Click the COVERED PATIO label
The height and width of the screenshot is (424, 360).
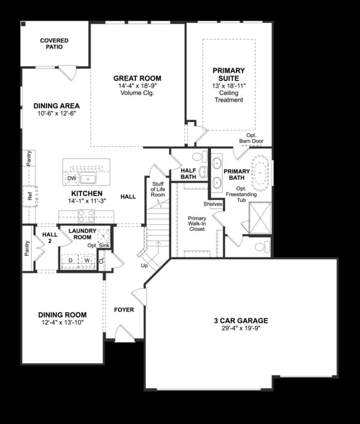pos(54,44)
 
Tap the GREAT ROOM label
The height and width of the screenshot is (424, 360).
pos(137,78)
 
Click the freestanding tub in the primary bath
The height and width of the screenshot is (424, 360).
pos(259,173)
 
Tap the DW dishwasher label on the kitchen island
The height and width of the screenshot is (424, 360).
pos(71,178)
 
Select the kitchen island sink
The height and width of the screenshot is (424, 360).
pos(88,178)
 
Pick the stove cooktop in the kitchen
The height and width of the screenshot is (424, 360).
pos(86,216)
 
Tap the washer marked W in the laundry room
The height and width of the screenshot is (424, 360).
pos(87,260)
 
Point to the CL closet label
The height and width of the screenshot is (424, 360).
pos(101,260)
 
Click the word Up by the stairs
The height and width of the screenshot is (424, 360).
pos(144,266)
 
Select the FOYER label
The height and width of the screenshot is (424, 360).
pos(124,309)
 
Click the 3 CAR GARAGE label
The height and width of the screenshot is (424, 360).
pos(241,321)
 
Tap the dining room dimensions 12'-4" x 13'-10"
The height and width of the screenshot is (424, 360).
pos(62,322)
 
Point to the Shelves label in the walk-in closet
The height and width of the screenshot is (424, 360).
pos(213,204)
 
